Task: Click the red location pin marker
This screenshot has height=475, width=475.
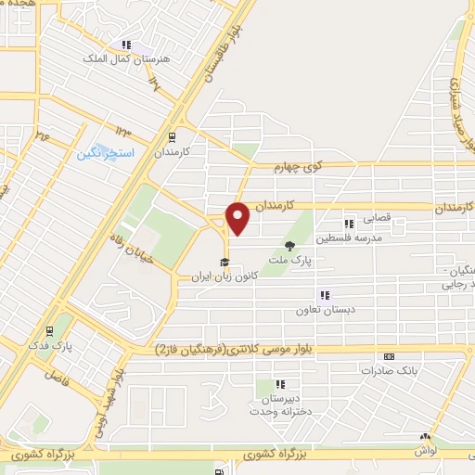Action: pos(238,219)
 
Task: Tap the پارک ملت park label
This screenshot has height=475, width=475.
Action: pos(291,262)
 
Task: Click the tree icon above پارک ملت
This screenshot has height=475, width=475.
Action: pos(291,247)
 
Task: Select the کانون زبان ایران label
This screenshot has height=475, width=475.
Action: pos(224,276)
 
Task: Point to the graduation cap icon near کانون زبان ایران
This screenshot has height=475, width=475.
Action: pos(224,261)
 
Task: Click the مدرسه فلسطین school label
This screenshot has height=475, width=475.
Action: pos(348,238)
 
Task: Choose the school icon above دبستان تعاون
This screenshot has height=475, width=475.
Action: pos(324,296)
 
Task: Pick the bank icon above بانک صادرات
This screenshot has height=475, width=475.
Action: pos(389,356)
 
